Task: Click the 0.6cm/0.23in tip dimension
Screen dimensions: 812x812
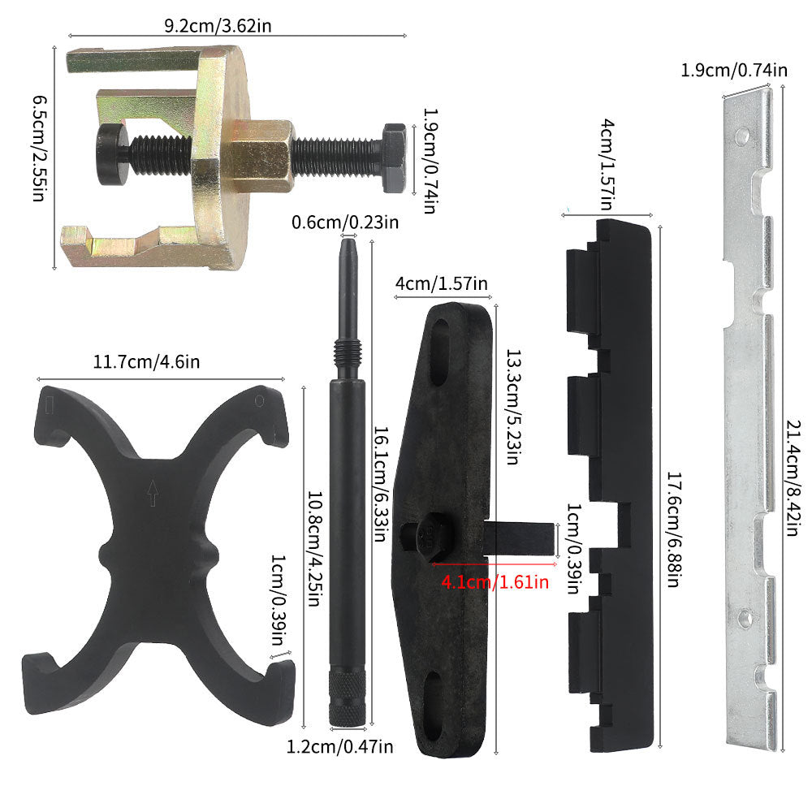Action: coord(346,222)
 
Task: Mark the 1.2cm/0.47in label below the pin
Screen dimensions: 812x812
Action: coord(340,746)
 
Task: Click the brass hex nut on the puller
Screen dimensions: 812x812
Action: coord(260,154)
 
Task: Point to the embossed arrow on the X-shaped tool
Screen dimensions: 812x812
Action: coord(152,492)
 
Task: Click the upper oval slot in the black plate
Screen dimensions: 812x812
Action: coord(442,351)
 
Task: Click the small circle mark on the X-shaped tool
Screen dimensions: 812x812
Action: coord(259,401)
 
